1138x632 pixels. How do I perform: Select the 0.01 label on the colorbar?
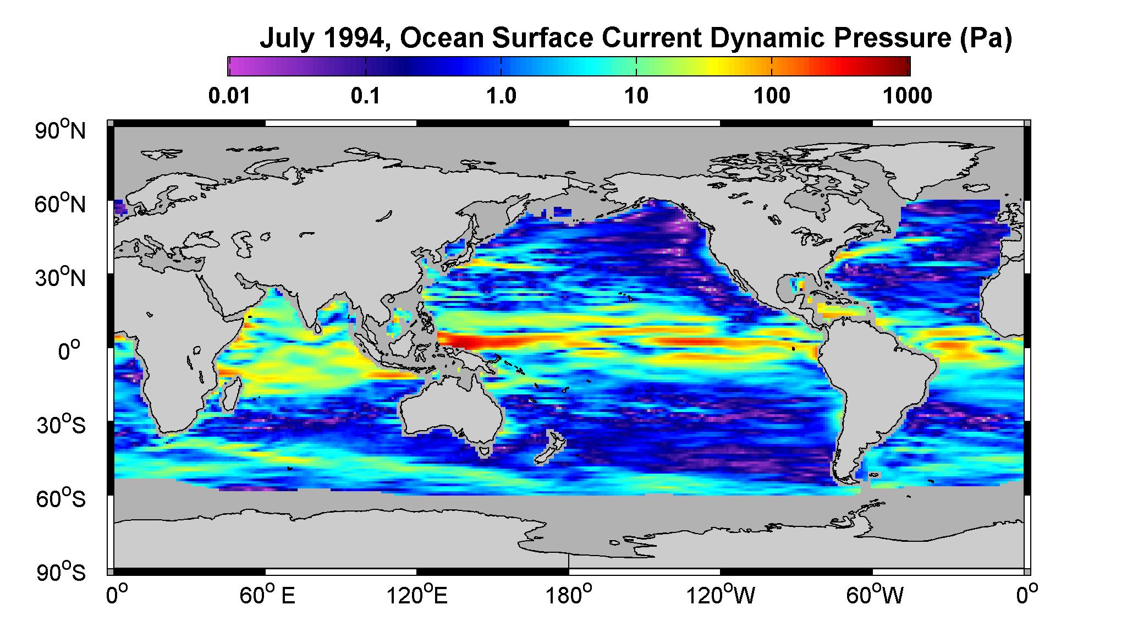[229, 96]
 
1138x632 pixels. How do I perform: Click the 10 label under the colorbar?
[636, 96]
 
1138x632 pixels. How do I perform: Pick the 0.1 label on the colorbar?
[366, 96]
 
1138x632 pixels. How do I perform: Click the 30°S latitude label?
[61, 425]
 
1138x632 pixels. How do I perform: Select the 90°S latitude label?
[61, 572]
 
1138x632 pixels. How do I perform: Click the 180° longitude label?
[568, 595]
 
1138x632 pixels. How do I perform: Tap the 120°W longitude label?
[721, 595]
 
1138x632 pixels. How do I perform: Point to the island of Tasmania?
[484, 452]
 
